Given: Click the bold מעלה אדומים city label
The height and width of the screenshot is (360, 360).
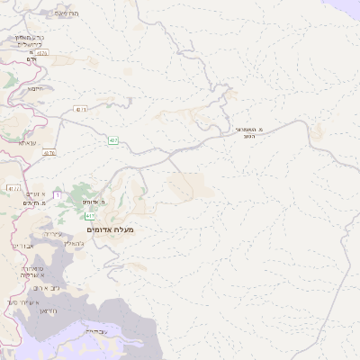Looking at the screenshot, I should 110,230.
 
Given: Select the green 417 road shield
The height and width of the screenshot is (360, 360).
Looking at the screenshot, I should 89,217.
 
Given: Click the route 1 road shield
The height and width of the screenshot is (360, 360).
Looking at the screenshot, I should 56,195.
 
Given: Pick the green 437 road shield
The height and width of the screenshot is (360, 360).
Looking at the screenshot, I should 113,140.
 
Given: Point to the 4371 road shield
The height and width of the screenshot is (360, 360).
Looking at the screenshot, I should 81,109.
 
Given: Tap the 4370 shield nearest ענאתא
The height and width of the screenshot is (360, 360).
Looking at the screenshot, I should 49,153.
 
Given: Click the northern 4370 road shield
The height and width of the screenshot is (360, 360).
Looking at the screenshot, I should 42,54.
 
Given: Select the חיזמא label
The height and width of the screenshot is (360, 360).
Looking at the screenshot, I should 35,88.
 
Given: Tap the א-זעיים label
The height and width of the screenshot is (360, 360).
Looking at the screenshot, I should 34,193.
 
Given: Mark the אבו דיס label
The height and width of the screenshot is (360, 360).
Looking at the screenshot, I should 24,245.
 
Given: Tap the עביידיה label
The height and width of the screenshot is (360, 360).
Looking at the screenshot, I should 94,331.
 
